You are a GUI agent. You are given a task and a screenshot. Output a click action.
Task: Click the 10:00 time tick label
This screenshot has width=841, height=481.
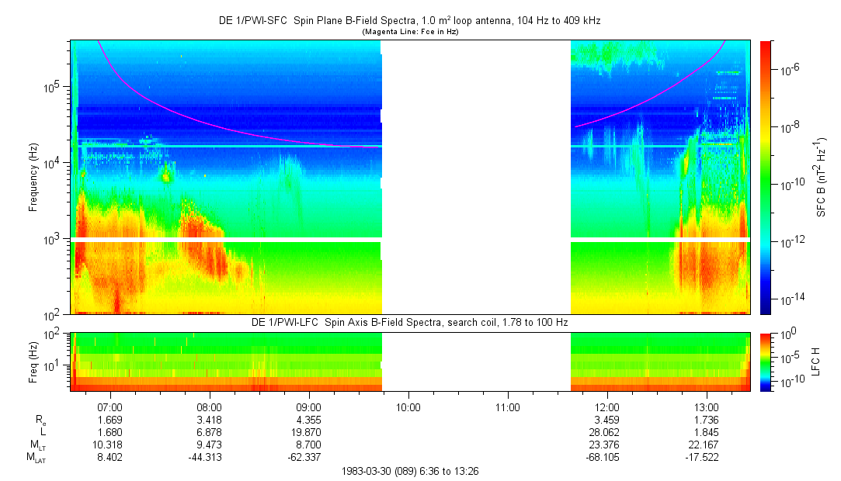(408, 407)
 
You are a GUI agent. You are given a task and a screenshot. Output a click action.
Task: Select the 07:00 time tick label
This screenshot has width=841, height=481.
(110, 407)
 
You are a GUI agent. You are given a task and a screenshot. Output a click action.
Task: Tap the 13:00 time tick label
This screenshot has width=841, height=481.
(707, 407)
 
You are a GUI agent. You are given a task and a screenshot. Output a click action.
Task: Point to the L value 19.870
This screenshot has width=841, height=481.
(309, 432)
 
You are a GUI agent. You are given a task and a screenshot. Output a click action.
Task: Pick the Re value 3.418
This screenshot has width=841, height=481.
(210, 420)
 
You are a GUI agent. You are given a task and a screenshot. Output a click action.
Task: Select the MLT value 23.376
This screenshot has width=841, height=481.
(606, 445)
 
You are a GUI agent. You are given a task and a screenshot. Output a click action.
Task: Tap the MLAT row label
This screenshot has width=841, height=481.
(36, 458)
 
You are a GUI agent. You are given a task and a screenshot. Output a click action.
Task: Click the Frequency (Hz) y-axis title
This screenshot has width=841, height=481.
(33, 178)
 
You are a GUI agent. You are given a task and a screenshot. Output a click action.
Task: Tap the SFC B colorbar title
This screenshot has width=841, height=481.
(822, 177)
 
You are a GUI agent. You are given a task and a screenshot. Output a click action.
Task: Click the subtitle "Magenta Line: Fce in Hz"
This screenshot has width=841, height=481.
(410, 32)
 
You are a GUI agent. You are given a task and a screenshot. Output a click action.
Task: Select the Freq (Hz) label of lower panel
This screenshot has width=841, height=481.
(33, 362)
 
